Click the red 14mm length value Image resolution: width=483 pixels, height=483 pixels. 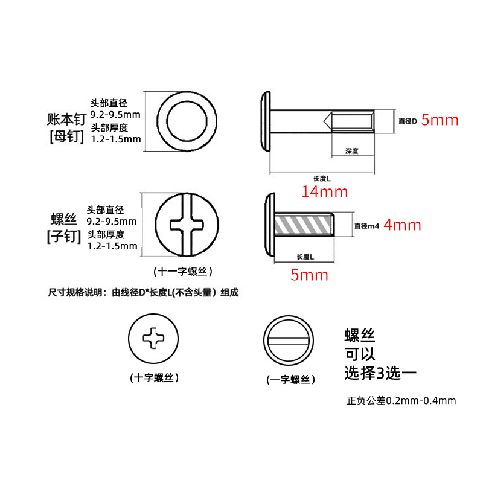click(325, 191)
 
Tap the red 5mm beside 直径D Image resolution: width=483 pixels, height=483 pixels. click(440, 120)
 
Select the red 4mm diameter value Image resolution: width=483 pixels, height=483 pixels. click(402, 225)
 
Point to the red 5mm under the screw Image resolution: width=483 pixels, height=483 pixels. click(309, 275)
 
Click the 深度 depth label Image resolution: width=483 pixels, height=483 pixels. click(352, 150)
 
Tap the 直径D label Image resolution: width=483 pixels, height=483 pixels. click(408, 121)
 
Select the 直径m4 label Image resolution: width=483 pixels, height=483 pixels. click(366, 226)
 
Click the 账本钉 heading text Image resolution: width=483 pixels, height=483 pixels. click(67, 119)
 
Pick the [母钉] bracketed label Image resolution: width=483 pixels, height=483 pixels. click(67, 136)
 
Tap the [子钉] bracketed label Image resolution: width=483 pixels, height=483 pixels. click(64, 236)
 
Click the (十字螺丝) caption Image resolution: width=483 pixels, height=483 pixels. click(155, 378)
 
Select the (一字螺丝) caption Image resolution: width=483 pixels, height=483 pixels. click(291, 379)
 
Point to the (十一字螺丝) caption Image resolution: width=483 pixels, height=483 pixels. click(183, 271)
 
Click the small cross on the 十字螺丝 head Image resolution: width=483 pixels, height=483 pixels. click(153, 338)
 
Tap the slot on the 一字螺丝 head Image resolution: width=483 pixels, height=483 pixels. click(289, 341)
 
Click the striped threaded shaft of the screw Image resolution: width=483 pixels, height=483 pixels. click(304, 224)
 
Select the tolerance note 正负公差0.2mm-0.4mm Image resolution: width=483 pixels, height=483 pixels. click(401, 400)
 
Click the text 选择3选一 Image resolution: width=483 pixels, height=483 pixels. click(380, 373)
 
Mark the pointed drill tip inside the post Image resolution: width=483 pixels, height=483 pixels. click(324, 121)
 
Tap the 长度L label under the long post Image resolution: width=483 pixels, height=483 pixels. click(322, 178)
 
